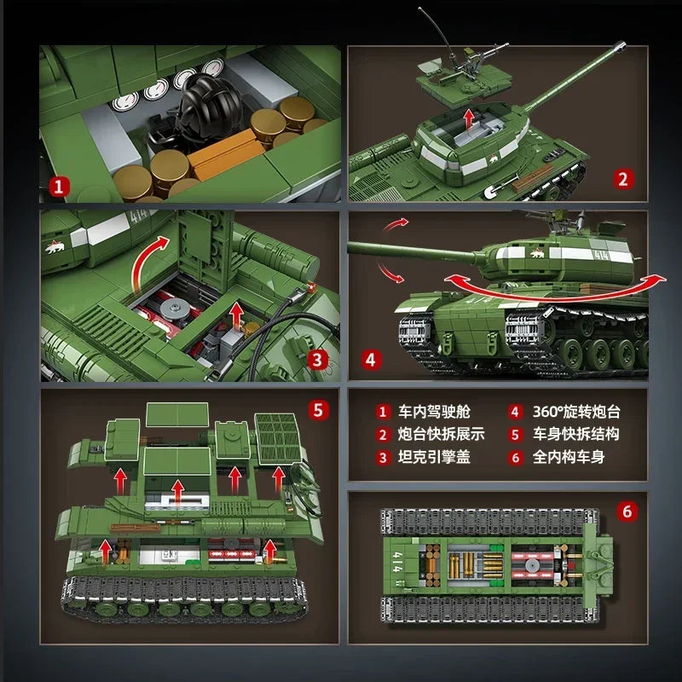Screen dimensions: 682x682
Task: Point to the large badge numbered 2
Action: (x=622, y=178)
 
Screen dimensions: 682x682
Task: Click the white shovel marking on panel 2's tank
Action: (x=495, y=193)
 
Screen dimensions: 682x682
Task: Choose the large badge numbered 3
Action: (x=316, y=359)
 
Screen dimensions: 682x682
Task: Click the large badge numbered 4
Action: (x=371, y=359)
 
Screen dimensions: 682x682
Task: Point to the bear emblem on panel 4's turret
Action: (x=537, y=253)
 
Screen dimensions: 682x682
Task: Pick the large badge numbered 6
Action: (x=627, y=511)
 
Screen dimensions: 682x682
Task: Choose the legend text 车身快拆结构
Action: (x=576, y=434)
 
